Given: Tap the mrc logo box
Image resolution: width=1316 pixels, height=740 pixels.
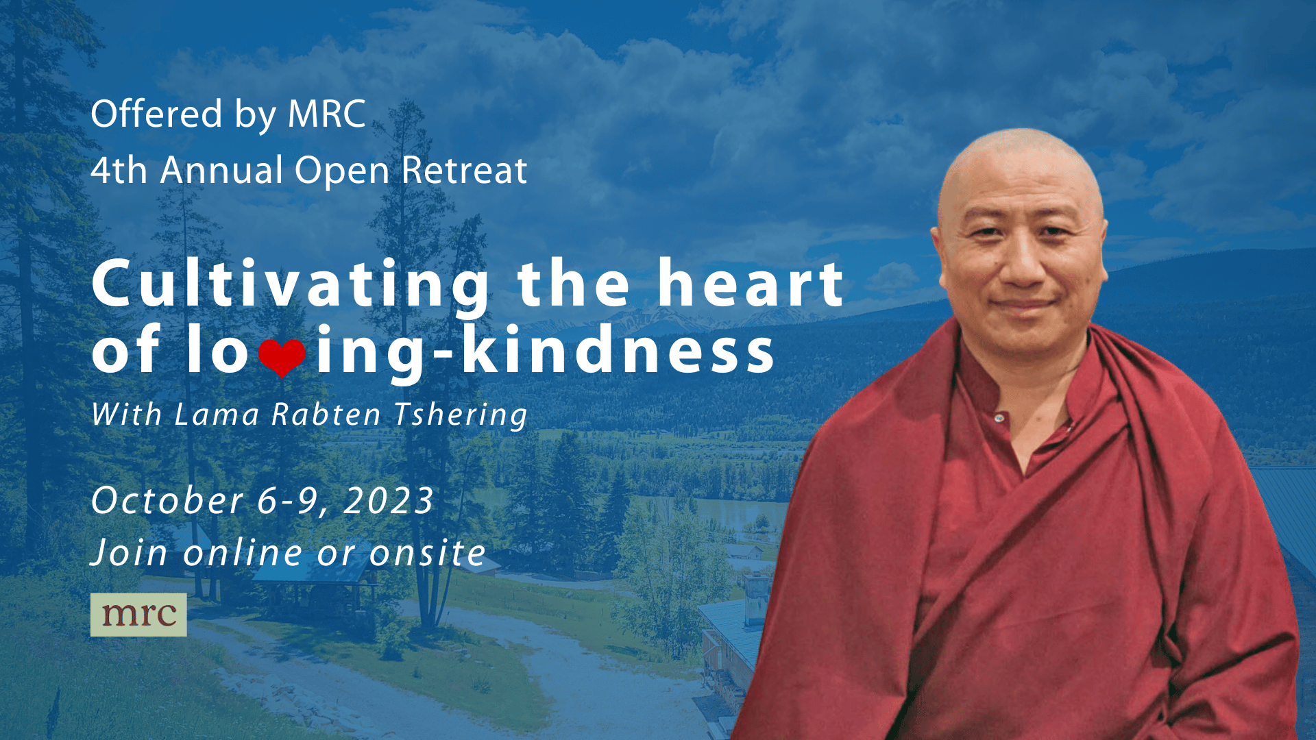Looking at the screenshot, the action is pos(138,615).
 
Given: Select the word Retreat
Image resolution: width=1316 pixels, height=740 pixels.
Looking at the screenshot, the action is pos(464,170).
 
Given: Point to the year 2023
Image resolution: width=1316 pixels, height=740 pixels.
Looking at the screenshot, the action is pos(389,501).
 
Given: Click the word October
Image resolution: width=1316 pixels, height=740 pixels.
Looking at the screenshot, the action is pos(167,500).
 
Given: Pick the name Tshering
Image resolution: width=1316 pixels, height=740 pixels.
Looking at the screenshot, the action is pos(461,415).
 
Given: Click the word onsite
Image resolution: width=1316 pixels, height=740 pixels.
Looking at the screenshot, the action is pos(428,553).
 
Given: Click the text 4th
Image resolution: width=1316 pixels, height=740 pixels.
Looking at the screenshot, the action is pos(119,170).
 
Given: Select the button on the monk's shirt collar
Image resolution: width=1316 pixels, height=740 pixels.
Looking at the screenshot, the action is pos(999,418).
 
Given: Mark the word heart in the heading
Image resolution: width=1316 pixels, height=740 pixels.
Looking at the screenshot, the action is pos(750,283).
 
